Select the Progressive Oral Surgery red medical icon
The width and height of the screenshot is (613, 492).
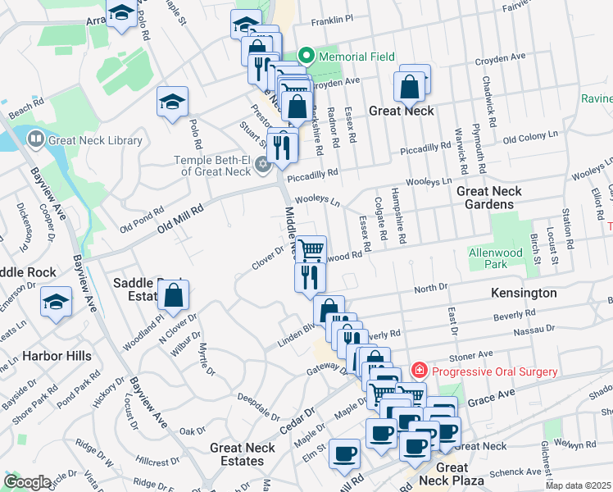[x=419, y=371]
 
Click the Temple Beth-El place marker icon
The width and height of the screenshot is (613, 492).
[x=263, y=164]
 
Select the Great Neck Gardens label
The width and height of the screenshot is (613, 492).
[x=489, y=198]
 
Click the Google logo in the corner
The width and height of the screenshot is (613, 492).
[x=28, y=482]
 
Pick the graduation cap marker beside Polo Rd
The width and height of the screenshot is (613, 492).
[x=172, y=102]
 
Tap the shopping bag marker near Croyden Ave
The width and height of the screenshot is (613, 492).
[x=408, y=85]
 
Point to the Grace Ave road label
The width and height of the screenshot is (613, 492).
[x=491, y=393]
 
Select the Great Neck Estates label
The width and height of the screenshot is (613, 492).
[x=243, y=454]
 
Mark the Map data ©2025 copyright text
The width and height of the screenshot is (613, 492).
[x=579, y=485]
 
